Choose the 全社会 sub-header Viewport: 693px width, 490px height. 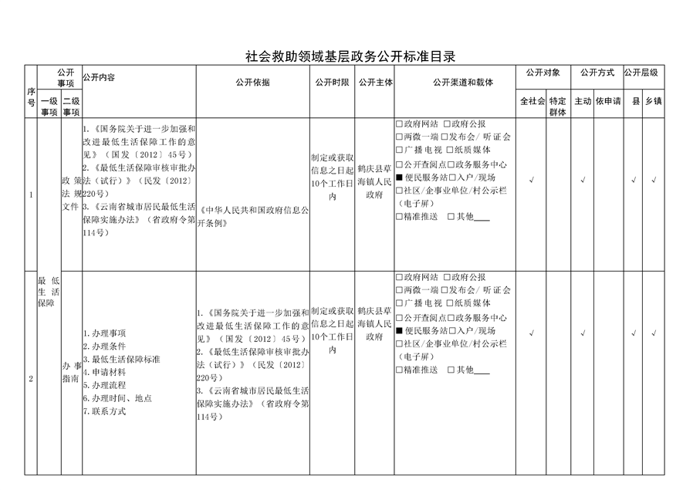pyautogui.click(x=532, y=102)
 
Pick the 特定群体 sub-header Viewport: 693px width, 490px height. pyautogui.click(x=558, y=106)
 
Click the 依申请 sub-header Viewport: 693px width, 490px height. pyautogui.click(x=608, y=102)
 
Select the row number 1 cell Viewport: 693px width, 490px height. pyautogui.click(x=31, y=194)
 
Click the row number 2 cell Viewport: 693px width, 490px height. pyautogui.click(x=31, y=378)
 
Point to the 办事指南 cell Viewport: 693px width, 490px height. pyautogui.click(x=71, y=373)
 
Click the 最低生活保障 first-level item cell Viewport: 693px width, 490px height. pyautogui.click(x=48, y=293)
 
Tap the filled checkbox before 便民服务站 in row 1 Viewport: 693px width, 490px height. pyautogui.click(x=399, y=177)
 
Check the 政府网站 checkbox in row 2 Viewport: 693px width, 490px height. pyautogui.click(x=399, y=277)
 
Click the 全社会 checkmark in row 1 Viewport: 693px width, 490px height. pyautogui.click(x=532, y=180)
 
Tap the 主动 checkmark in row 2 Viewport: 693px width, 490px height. pyautogui.click(x=583, y=333)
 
